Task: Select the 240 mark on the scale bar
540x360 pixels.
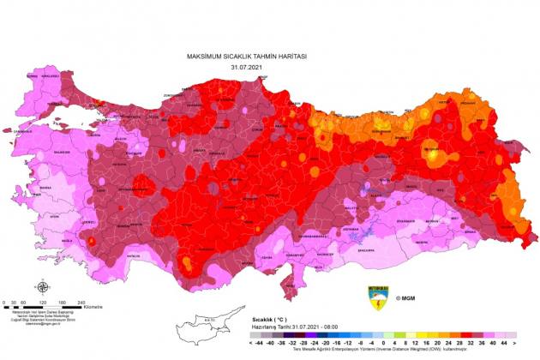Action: click(81, 301)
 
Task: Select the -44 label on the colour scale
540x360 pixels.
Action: click(257, 343)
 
